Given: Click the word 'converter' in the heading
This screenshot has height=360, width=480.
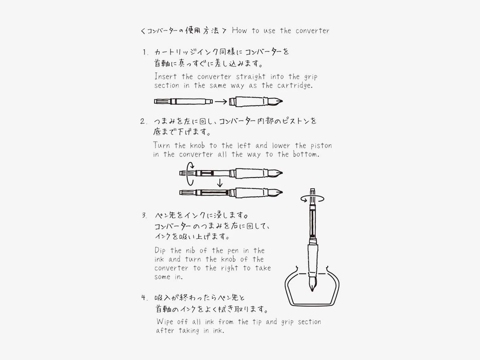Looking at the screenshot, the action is [312, 31].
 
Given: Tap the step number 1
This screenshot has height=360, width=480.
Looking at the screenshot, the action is [145, 52].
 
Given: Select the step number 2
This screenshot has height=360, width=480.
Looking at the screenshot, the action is [143, 121].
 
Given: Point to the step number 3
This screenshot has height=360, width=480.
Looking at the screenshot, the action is [144, 215].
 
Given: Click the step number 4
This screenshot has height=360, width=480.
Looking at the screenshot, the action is [144, 298].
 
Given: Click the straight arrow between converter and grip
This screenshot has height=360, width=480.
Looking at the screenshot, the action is [221, 101].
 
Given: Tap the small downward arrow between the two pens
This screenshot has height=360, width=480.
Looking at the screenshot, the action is [220, 183].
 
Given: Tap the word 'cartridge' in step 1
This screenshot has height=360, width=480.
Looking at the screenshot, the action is [294, 85].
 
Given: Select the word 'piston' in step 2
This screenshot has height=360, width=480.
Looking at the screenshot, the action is [321, 146].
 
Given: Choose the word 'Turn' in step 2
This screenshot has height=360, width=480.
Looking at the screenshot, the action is [161, 145].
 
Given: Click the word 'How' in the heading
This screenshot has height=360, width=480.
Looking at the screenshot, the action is [239, 30].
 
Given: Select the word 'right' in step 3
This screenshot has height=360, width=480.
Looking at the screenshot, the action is [230, 268].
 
